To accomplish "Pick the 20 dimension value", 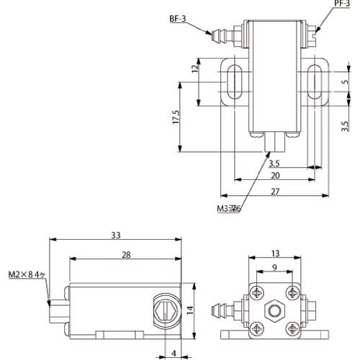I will click(x=275, y=174).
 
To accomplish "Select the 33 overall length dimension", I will click(x=117, y=235).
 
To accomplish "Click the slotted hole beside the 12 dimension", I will click(x=234, y=81).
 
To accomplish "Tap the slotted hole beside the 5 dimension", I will click(x=314, y=81).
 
